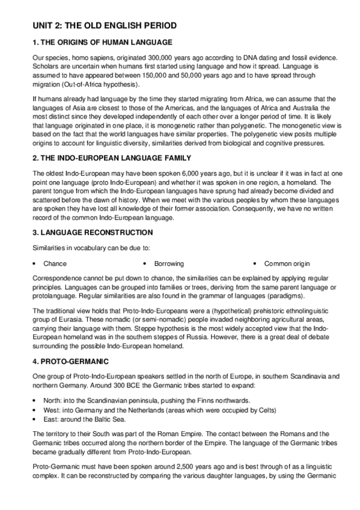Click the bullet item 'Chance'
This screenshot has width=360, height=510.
pos(55,263)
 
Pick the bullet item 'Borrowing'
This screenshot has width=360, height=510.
pos(169,263)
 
